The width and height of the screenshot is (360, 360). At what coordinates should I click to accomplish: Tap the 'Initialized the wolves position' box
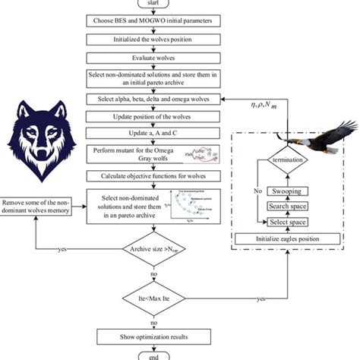155,39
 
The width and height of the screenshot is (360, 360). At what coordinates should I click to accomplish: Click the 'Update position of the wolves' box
155,116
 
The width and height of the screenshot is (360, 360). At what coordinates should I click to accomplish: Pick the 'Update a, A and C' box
155,134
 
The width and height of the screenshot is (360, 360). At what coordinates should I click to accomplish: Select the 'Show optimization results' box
155,336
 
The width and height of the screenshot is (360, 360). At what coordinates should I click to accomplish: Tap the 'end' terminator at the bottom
155,356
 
